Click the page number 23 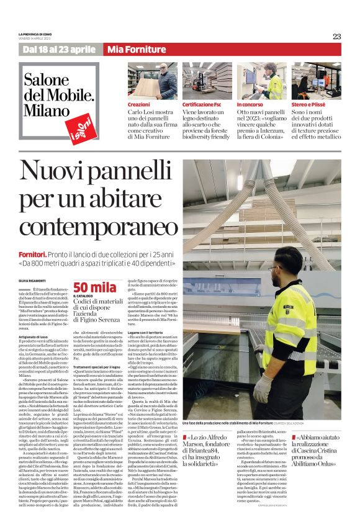point(336,36)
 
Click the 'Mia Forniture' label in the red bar point(128,50)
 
